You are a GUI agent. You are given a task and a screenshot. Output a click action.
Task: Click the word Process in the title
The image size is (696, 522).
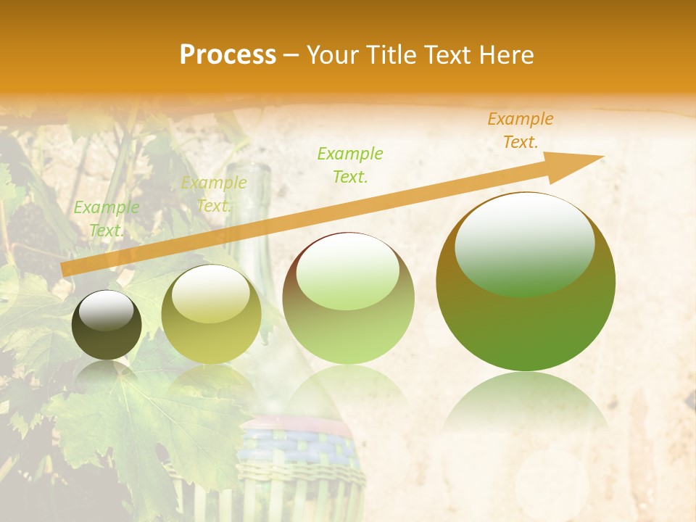pos(228,55)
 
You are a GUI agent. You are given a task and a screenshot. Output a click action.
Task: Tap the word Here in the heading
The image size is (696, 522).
pos(505,55)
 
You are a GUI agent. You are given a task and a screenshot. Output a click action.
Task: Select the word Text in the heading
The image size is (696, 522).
pos(447,55)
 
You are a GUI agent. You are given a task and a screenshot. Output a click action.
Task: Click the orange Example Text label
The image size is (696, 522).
pos(521,130)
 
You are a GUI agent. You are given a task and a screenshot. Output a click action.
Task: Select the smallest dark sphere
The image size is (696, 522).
pos(107,325)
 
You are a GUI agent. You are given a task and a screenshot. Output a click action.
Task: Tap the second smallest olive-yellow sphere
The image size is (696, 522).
pos(211,314)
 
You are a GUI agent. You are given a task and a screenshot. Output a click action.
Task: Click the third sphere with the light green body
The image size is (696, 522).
pos(348,297)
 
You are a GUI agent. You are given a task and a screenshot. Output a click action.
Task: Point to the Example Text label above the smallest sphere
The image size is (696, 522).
pos(107,219)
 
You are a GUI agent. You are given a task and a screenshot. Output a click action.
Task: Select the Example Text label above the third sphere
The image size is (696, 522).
pos(350,165)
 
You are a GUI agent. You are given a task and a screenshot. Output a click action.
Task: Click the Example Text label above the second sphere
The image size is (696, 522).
pos(214,194)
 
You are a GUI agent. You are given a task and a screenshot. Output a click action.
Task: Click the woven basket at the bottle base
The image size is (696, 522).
pos(297,457)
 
